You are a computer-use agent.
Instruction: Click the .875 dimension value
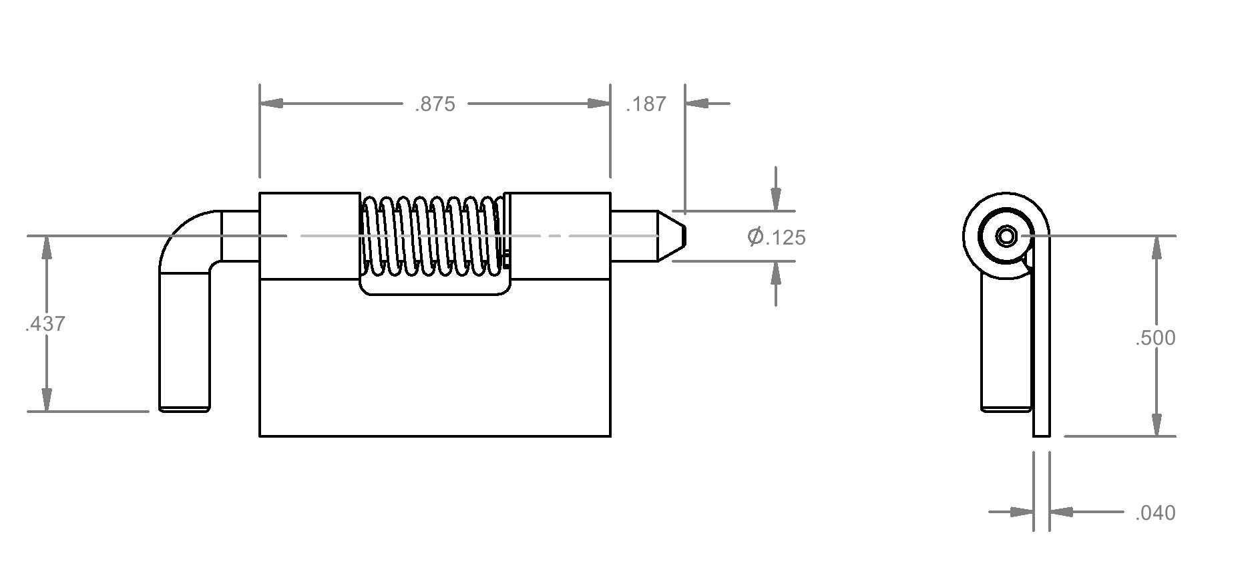click(435, 104)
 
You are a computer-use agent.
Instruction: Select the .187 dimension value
click(646, 104)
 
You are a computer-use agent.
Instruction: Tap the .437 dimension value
click(45, 324)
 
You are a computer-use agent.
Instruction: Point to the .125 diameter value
click(785, 238)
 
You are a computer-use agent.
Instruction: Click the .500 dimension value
click(1155, 338)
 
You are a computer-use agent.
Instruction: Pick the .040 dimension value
click(1155, 513)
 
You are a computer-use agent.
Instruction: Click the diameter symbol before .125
click(756, 237)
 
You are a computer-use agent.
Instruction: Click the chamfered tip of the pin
click(671, 236)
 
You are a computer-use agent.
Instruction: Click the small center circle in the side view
click(1006, 236)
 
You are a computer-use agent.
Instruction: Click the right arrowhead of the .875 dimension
click(598, 104)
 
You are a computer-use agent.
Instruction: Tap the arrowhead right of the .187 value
click(696, 104)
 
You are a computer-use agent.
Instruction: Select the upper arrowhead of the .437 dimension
click(46, 248)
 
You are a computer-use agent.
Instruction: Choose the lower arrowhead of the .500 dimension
click(1157, 424)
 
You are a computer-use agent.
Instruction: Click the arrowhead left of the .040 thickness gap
click(1022, 512)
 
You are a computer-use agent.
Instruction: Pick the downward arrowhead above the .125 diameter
click(775, 199)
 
